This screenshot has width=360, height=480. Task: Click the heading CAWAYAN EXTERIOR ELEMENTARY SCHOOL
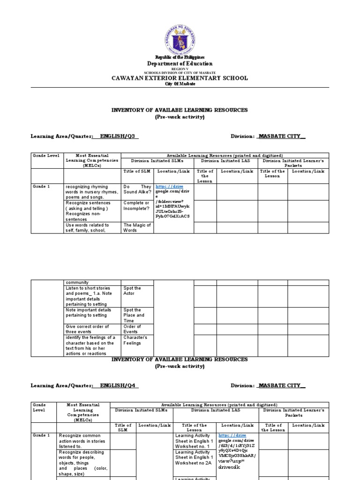coord(180,78)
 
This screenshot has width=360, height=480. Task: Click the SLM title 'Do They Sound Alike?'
coord(137,189)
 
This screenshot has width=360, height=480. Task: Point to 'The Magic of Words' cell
coord(137,227)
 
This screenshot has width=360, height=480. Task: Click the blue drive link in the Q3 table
coord(168,187)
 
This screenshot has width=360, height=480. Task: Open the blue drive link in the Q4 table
coord(232,435)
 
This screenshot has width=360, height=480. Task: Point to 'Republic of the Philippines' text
coord(180,57)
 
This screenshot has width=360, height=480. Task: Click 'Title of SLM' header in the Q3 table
coord(137,172)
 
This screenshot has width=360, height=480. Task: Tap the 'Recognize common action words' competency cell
coord(83,441)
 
